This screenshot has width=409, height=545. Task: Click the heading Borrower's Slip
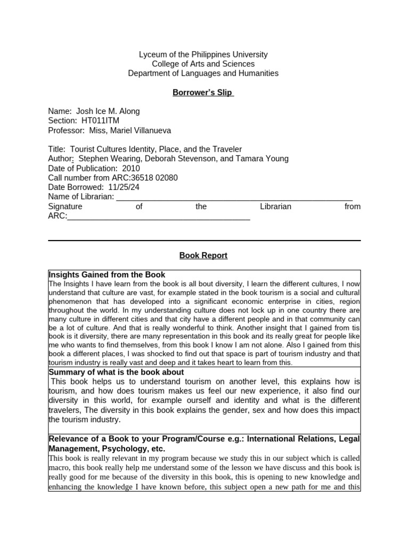[202, 92]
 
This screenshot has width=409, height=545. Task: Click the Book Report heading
[203, 255]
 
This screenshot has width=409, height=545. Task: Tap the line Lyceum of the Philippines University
[203, 54]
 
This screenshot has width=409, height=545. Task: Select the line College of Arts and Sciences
[203, 64]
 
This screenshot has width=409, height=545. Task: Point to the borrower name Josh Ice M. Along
[108, 111]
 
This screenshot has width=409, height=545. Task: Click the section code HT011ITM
[100, 121]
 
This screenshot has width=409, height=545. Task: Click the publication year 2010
[131, 168]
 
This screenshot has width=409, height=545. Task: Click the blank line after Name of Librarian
[234, 197]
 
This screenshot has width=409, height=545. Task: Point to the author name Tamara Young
[265, 159]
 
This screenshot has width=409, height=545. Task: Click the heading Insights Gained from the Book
[107, 275]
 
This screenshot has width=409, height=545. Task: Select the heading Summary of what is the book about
[116, 372]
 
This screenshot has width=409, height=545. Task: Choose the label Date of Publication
[83, 168]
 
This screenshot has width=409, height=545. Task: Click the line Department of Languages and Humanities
[203, 73]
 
